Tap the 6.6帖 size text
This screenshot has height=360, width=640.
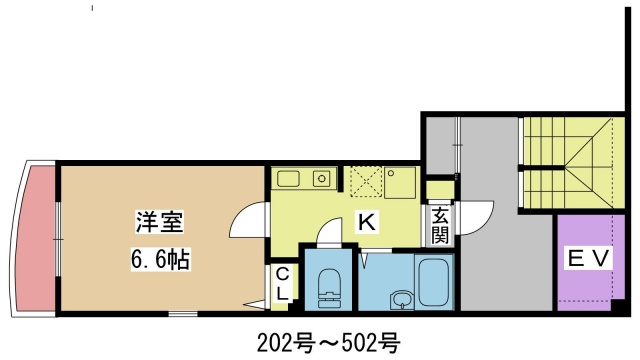pos(159,259)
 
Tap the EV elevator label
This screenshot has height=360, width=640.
pos(588,259)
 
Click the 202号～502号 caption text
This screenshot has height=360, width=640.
pos(321,342)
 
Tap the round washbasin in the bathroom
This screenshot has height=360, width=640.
pos(400,299)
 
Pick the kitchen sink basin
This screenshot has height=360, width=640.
pos(289,179)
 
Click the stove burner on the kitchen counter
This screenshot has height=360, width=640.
pos(321,180)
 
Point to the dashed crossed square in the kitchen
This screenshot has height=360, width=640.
pos(364,182)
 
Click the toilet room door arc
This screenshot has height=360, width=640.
pos(328,234)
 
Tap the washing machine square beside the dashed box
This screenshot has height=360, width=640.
pos(401,182)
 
